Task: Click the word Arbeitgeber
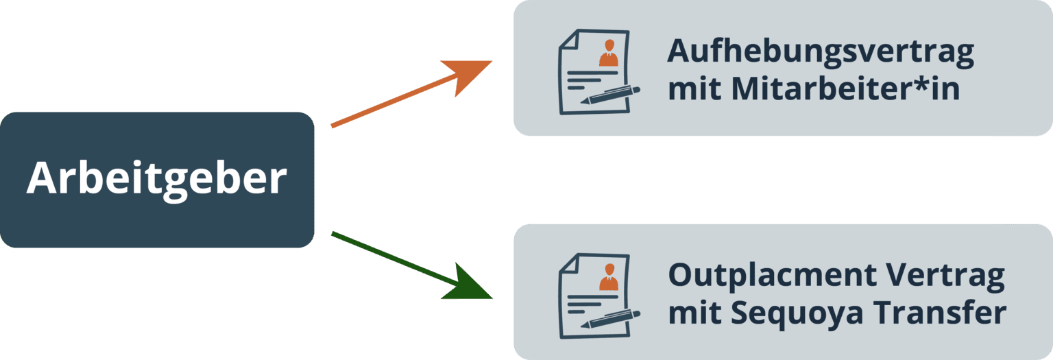pos(156,180)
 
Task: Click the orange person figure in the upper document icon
pos(608,53)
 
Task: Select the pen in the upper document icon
pos(611,95)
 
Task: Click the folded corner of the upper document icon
pos(568,40)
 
